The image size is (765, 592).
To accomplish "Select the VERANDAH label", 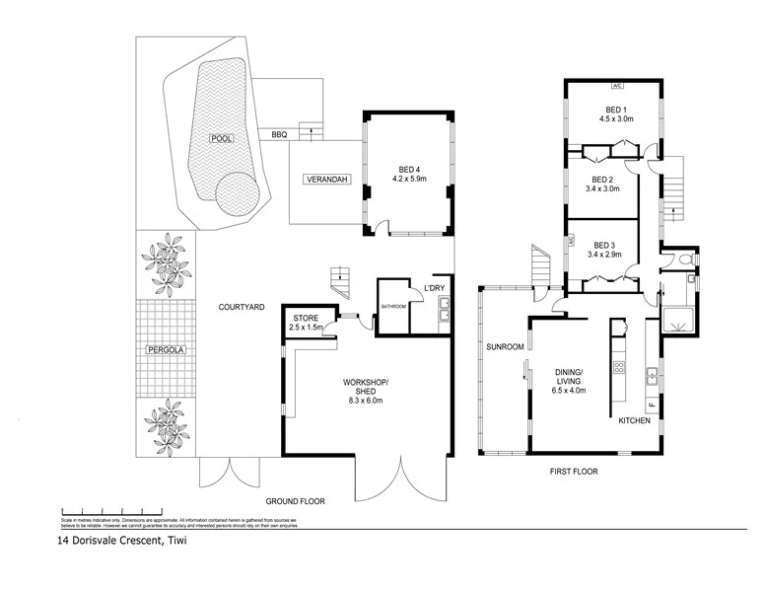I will [x=322, y=179].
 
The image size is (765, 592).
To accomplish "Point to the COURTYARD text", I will [x=242, y=308].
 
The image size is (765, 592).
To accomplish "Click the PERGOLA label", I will [x=166, y=349].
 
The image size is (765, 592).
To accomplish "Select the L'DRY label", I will [x=434, y=288].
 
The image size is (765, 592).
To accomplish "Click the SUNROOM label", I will [x=504, y=347].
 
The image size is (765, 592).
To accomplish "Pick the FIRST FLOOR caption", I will [x=573, y=472].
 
